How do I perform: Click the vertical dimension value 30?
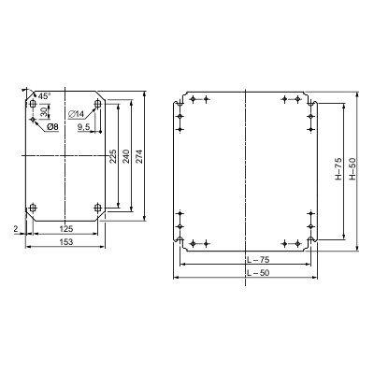44,110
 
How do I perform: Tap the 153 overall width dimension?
65,242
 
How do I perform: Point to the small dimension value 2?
17,226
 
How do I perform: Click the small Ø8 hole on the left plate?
34,120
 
